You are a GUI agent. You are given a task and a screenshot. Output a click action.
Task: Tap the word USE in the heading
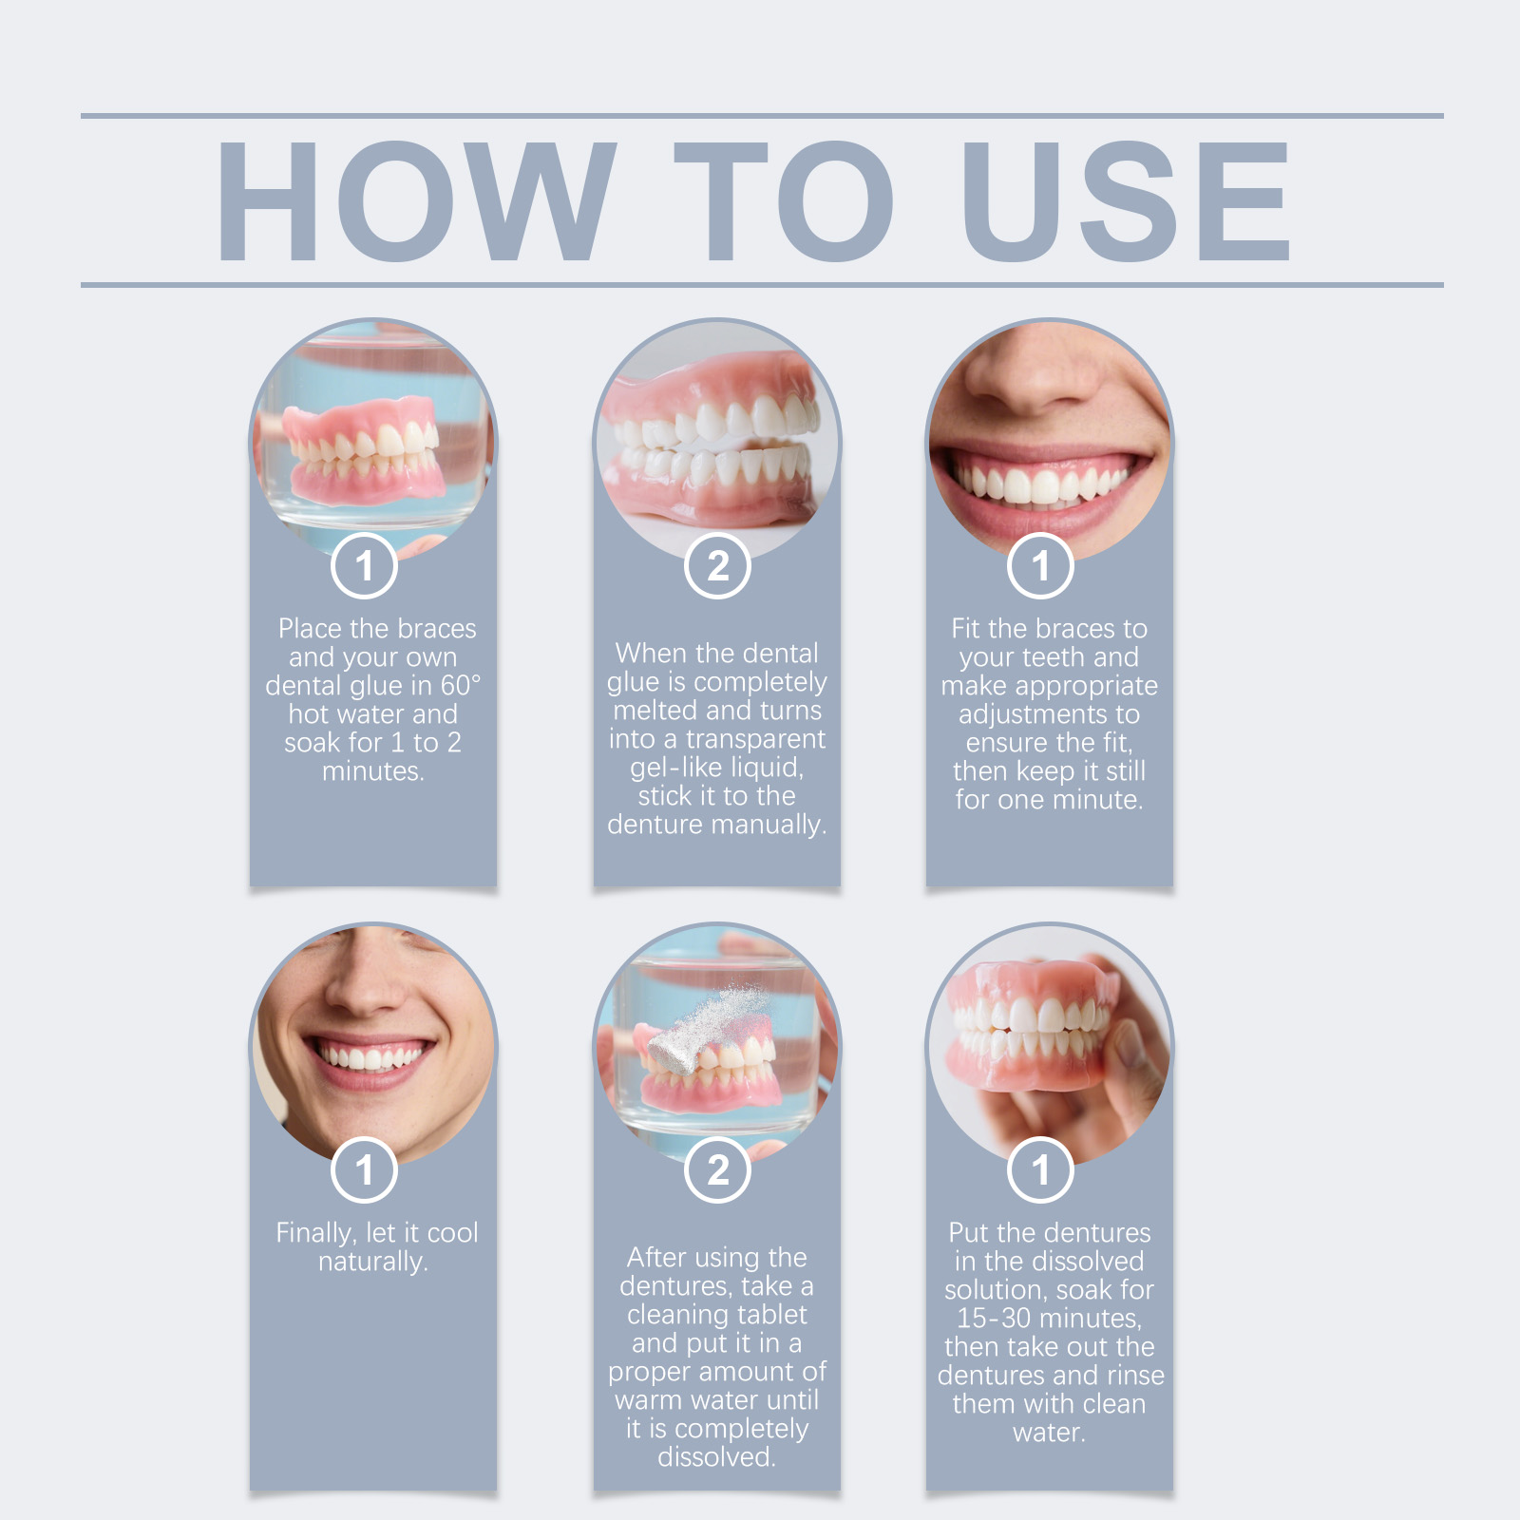coord(1127,200)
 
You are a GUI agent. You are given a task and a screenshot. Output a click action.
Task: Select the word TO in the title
coord(784,200)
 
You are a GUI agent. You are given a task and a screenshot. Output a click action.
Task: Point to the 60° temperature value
coord(460,685)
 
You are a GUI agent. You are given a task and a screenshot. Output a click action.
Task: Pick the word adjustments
coord(1049,715)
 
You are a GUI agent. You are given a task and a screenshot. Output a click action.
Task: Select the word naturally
coord(372,1263)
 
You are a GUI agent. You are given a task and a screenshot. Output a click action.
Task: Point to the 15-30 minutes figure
coord(1049,1319)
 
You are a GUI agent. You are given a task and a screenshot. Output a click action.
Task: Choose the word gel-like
coord(676,768)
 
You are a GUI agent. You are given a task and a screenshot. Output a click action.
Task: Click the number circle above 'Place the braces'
coord(364,566)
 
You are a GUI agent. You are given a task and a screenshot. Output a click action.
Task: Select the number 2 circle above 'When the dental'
coord(718,566)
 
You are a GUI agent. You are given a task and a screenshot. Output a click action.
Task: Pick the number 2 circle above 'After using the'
coord(718,1169)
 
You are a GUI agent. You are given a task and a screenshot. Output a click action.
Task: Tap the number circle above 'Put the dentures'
coord(1041,1169)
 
